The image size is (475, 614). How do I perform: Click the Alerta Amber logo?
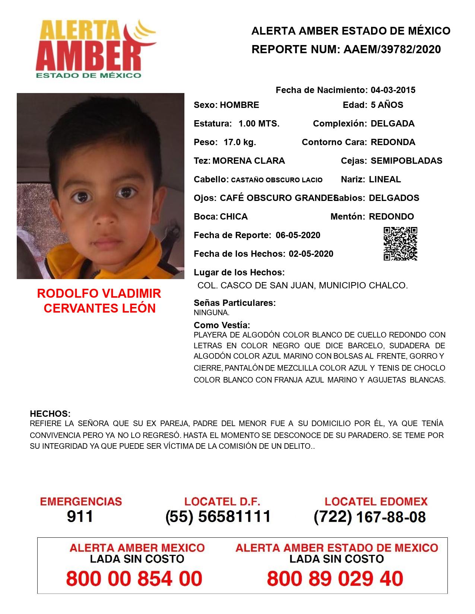pos(95,48)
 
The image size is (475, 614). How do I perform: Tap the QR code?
pos(400,244)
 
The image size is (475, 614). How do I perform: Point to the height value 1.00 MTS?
pos(259,124)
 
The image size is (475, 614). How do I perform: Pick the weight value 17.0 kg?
pos(240,142)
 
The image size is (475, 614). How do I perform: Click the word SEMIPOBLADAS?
pos(406,161)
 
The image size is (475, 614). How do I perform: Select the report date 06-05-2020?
pos(298,235)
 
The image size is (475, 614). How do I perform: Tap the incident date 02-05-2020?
pos(311,254)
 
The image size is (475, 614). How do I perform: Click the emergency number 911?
pos(80,517)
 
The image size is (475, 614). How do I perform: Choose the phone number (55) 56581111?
pos(218,517)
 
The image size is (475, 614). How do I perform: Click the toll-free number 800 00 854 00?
pos(134,579)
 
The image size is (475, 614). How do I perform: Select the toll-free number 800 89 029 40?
pos(335,579)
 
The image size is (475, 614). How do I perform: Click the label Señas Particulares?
pos(235,303)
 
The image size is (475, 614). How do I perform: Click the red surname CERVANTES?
pos(76,308)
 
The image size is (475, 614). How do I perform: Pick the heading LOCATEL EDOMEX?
pos(376,502)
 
